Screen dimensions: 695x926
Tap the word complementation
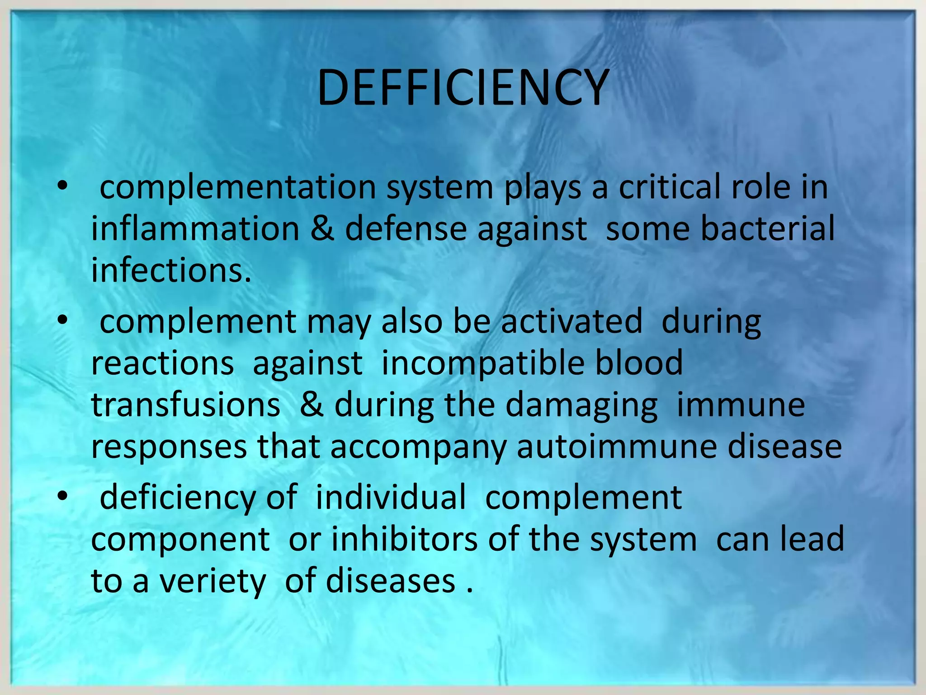click(x=237, y=187)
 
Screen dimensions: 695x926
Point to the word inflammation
click(x=195, y=228)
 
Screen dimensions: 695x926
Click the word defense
click(x=406, y=228)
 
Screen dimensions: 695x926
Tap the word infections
click(x=171, y=270)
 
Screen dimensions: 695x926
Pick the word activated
click(x=572, y=321)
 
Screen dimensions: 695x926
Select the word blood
click(x=638, y=363)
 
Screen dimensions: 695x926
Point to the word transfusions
click(x=185, y=405)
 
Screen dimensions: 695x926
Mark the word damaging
click(x=581, y=405)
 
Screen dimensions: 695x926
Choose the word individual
click(x=391, y=497)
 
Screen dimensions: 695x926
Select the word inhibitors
click(x=404, y=539)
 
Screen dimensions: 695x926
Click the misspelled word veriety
click(x=213, y=581)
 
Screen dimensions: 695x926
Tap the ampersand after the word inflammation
click(x=322, y=228)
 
